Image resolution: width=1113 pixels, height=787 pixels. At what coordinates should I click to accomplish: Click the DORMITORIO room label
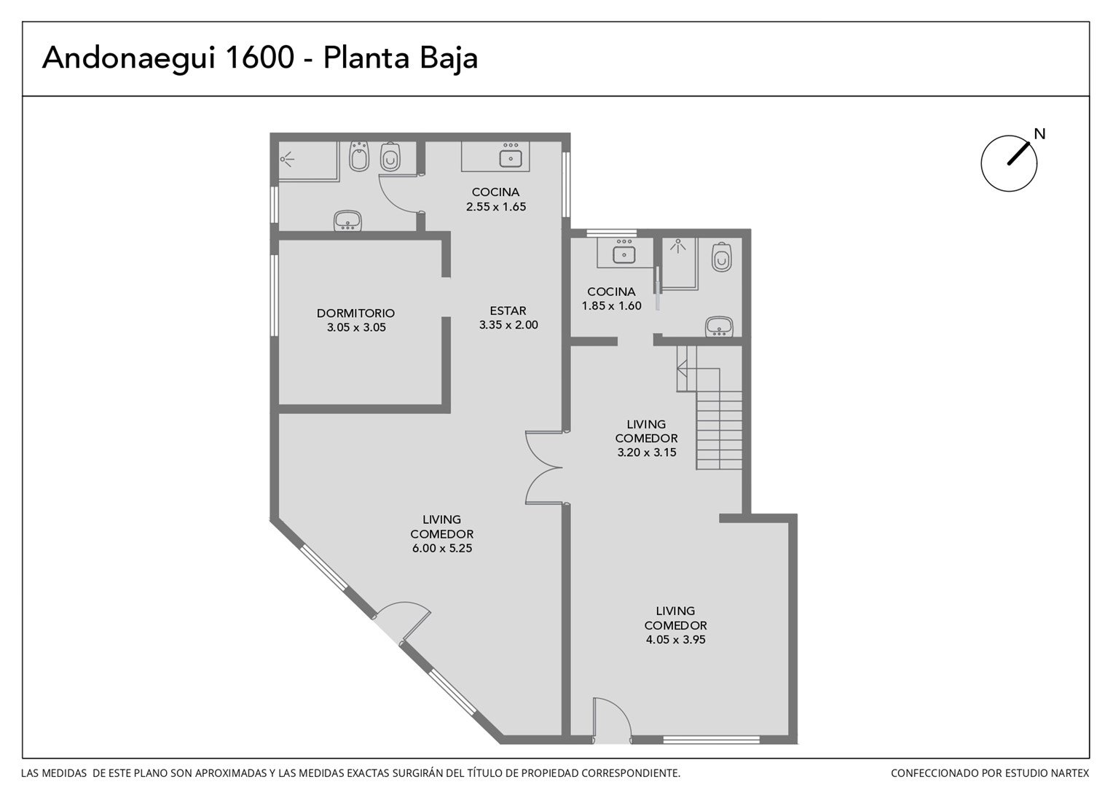click(355, 313)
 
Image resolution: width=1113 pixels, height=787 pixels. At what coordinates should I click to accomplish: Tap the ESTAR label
click(508, 310)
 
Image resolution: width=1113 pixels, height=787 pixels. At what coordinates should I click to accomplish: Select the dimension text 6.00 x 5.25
click(441, 549)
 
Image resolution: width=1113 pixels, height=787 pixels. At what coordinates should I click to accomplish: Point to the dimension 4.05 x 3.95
click(675, 640)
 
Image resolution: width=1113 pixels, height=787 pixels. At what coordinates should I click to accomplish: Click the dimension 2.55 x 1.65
click(496, 207)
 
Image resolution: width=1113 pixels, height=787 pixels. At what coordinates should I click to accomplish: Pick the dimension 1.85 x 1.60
click(612, 306)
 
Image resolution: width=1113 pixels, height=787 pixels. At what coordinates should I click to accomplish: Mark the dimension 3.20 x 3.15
click(646, 453)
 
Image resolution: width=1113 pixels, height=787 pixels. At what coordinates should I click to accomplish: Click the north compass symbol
click(1009, 163)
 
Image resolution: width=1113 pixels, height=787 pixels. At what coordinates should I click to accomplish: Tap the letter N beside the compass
click(1040, 134)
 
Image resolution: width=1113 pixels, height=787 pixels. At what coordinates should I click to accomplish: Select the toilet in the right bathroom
click(721, 257)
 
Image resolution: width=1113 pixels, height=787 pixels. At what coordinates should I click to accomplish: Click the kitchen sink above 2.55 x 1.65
click(511, 156)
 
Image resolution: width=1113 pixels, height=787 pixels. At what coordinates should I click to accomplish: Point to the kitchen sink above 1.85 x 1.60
click(624, 252)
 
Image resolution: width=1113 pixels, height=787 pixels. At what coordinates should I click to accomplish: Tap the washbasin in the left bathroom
click(348, 221)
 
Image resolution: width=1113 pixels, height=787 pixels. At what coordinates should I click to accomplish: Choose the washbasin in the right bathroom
click(719, 326)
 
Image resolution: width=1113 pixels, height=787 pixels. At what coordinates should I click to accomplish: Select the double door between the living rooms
click(545, 468)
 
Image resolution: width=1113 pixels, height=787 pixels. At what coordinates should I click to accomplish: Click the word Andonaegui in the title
click(129, 59)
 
